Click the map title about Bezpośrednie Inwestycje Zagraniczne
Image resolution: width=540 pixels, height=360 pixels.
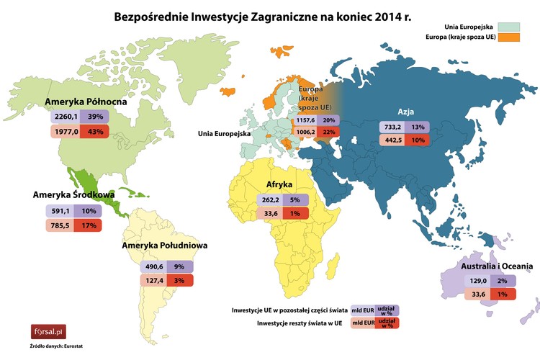coord(263,15)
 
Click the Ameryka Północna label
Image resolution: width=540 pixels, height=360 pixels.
coord(86,102)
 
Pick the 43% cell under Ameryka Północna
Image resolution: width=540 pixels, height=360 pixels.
coord(96,131)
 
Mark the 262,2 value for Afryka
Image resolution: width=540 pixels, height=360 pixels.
coord(271,200)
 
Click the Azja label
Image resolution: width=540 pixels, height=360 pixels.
coord(405,112)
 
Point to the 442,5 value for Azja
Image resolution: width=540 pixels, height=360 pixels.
coord(395,140)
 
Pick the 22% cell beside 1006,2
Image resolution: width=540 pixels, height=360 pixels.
coord(330,132)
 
